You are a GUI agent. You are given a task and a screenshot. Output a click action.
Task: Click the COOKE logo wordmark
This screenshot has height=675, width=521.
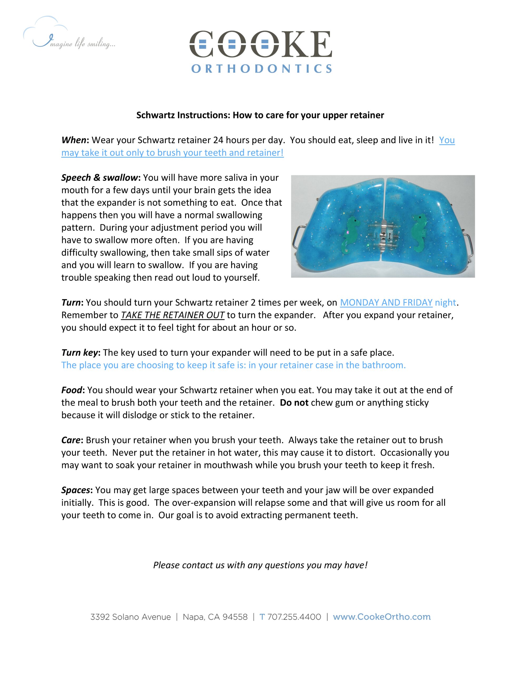pos(260,45)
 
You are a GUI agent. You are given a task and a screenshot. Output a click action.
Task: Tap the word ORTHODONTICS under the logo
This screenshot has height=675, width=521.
pos(261,69)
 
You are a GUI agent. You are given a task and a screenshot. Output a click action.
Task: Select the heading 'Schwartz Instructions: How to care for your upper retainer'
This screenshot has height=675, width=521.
pos(260,115)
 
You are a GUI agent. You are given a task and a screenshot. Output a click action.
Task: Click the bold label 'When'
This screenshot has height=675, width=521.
pos(73,140)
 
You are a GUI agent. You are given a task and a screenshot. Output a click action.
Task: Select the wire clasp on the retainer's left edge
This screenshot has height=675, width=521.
pos(297,237)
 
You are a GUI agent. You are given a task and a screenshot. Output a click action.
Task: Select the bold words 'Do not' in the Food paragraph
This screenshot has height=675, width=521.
pos(294,403)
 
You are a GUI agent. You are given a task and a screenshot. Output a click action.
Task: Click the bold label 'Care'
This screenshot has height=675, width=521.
pos(71,440)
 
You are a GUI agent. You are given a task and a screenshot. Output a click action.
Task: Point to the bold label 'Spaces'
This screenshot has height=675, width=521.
pos(75,490)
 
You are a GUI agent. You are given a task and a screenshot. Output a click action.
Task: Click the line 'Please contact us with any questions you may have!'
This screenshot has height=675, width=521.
pos(260,565)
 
